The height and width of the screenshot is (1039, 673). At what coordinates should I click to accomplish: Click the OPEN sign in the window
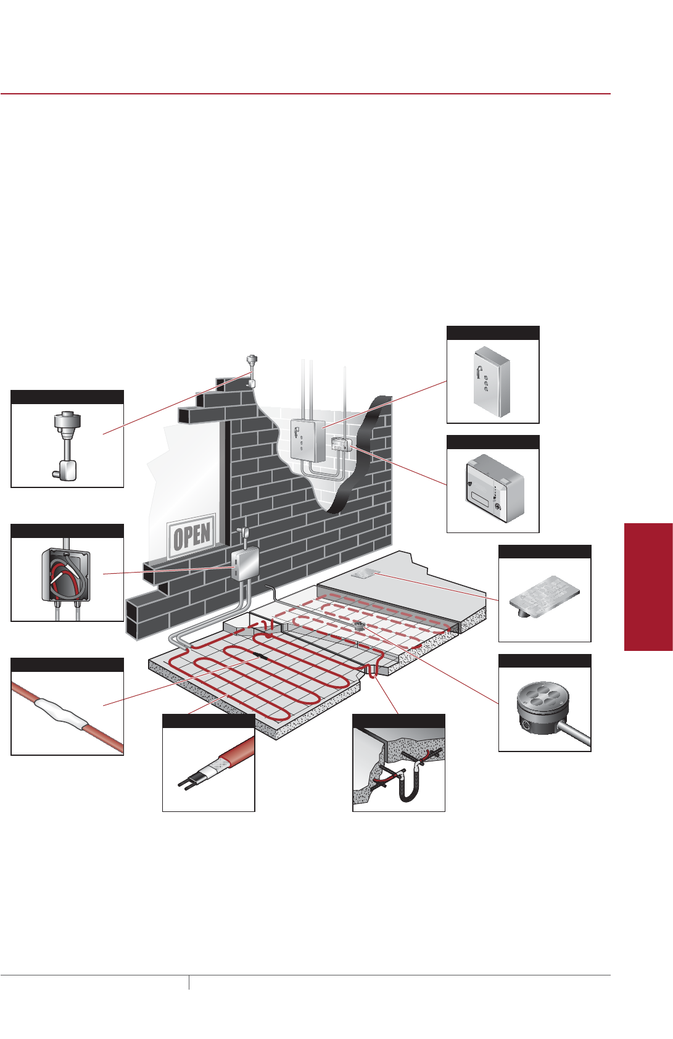tap(192, 535)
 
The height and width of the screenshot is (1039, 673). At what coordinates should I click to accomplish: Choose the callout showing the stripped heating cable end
tap(209, 769)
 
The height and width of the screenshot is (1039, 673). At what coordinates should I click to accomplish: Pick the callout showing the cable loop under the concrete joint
tap(398, 769)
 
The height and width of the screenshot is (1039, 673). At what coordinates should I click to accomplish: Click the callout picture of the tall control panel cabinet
tap(493, 381)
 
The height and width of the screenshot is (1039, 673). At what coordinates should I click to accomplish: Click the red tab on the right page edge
tap(648, 586)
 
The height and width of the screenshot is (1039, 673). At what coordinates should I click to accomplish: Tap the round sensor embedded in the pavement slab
tap(359, 626)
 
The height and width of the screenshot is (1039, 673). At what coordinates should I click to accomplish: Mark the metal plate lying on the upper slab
tap(364, 574)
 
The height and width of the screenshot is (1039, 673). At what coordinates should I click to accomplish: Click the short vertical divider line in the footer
tap(189, 982)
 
